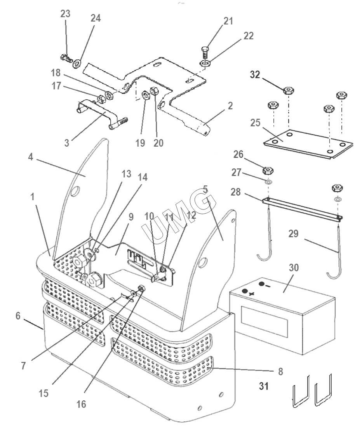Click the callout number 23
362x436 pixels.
coord(65,14)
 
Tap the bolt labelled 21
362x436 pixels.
coord(205,52)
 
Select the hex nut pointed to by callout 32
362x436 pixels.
coord(289,90)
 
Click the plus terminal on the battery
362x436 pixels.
coord(245,291)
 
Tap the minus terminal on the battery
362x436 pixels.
coord(262,284)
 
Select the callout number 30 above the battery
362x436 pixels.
coord(294,268)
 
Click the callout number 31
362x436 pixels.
coord(264,386)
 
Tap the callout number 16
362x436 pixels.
coord(81,404)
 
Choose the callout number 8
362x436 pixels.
coord(280,371)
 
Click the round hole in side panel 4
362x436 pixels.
coord(75,192)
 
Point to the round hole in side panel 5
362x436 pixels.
coord(204,262)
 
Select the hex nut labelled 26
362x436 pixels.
coord(268,170)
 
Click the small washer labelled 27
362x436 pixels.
coord(268,182)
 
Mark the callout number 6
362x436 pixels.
coord(18,316)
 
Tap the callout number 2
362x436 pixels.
coord(230,106)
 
